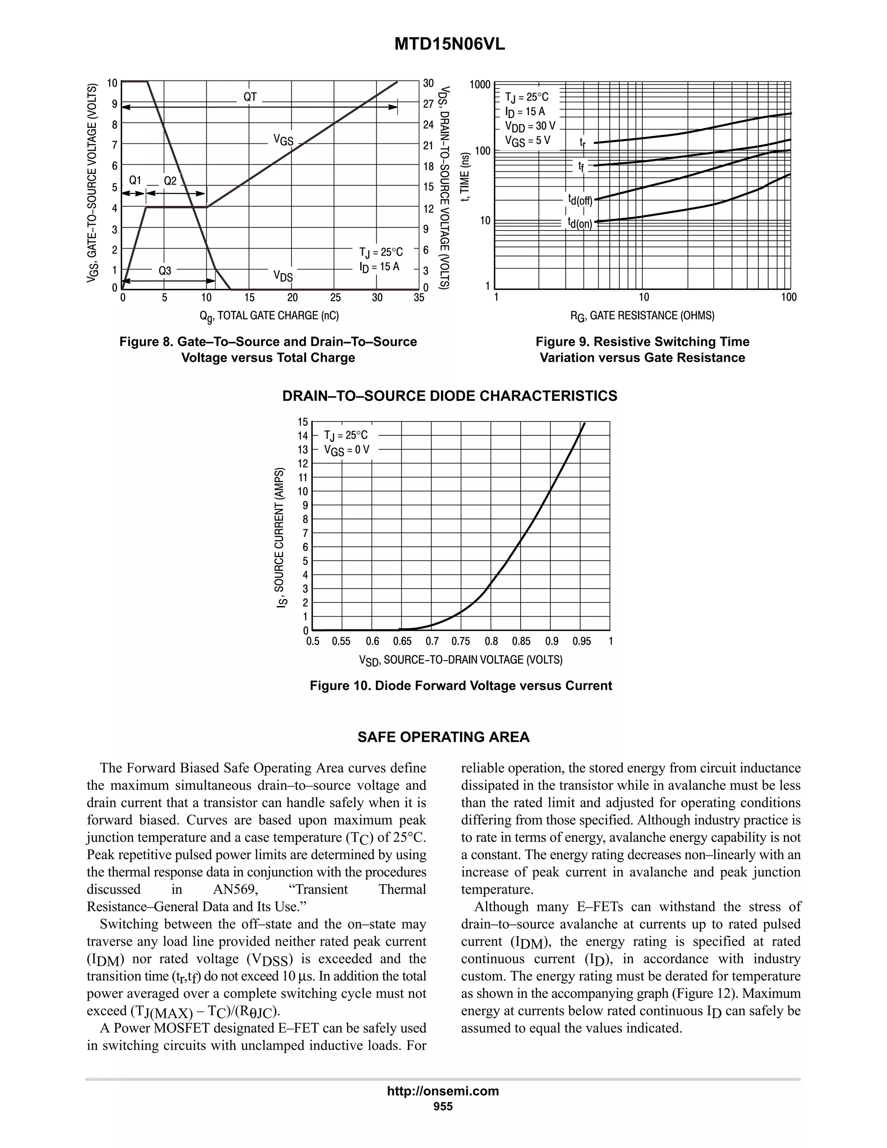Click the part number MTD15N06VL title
(449, 45)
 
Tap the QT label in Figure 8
(250, 97)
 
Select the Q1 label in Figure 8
(135, 180)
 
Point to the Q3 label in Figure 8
(165, 271)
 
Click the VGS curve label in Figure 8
(283, 140)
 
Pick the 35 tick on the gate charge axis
(419, 298)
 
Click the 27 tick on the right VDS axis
(428, 104)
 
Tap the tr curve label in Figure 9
(582, 142)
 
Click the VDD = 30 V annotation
(530, 126)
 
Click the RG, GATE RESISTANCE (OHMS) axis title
(642, 316)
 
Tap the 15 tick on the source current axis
(303, 422)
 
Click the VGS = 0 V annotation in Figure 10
(346, 450)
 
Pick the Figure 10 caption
(460, 685)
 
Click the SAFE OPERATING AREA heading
(443, 737)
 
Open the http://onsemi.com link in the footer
(443, 1091)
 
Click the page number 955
(443, 1106)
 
